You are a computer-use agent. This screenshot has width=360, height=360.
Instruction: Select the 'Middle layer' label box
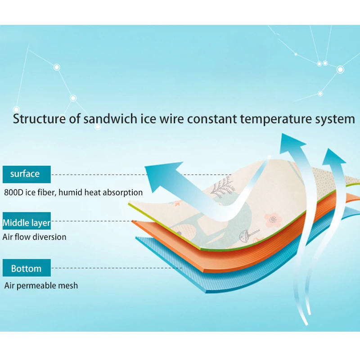[26, 222]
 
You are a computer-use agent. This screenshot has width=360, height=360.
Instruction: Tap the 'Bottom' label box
[26, 269]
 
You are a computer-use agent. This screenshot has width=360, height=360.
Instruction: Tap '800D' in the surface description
[14, 193]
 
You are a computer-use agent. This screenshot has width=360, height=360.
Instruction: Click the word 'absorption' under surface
[123, 193]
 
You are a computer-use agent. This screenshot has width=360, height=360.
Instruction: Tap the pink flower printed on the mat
[273, 219]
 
